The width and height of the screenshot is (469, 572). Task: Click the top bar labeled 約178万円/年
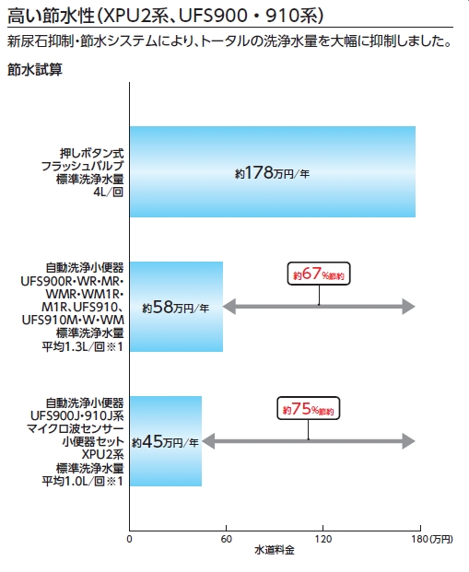(272, 171)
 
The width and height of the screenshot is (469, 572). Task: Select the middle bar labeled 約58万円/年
(176, 307)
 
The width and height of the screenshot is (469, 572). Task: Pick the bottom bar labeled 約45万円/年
(166, 441)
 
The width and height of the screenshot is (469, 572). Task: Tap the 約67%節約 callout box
(319, 274)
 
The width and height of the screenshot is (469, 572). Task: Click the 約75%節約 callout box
(309, 408)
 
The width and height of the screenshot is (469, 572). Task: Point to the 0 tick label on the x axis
(129, 539)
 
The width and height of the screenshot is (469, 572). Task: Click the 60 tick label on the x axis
(227, 539)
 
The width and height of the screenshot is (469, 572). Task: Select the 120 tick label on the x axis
(323, 539)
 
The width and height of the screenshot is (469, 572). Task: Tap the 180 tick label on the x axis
(420, 539)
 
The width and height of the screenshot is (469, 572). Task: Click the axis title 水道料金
(275, 550)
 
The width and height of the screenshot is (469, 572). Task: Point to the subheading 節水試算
(35, 69)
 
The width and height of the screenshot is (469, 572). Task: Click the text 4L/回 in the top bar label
(109, 192)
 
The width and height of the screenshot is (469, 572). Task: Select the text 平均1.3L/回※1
(83, 346)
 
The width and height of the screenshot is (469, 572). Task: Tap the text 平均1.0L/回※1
(83, 481)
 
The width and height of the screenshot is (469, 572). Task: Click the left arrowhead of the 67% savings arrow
(229, 307)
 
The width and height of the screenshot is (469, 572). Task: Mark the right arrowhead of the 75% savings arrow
(409, 441)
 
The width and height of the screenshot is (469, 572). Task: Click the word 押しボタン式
(92, 153)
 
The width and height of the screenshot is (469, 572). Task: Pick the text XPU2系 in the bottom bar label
(102, 454)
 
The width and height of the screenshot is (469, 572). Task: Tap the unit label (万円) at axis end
(441, 539)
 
